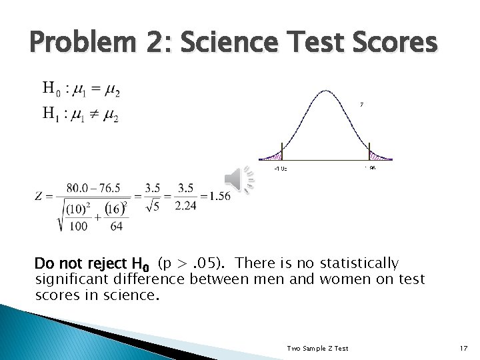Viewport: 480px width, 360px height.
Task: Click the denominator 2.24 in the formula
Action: tap(186, 205)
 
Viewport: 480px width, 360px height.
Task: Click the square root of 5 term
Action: tap(153, 206)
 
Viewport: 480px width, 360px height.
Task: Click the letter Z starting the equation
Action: tap(41, 197)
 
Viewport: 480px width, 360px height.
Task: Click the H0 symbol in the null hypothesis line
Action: tap(50, 89)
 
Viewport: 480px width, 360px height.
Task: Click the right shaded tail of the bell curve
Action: tap(380, 157)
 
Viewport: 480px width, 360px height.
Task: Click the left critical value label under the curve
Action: tap(281, 169)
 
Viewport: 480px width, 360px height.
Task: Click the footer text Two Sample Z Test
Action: tap(317, 349)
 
